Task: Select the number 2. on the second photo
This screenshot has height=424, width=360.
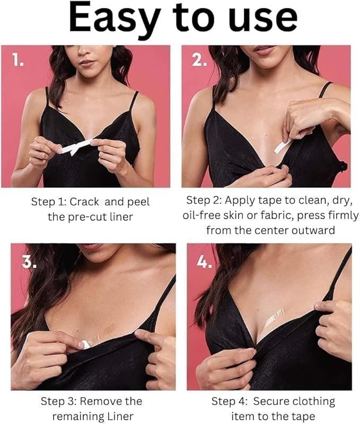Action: click(x=199, y=60)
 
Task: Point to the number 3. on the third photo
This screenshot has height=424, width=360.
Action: click(x=29, y=261)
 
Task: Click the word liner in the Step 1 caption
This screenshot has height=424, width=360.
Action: click(x=121, y=217)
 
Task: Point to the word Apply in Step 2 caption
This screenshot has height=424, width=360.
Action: click(x=240, y=201)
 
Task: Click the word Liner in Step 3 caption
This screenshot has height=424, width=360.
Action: click(x=120, y=416)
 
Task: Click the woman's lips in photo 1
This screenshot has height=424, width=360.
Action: click(x=87, y=63)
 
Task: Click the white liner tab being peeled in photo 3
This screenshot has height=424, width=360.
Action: click(x=84, y=344)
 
